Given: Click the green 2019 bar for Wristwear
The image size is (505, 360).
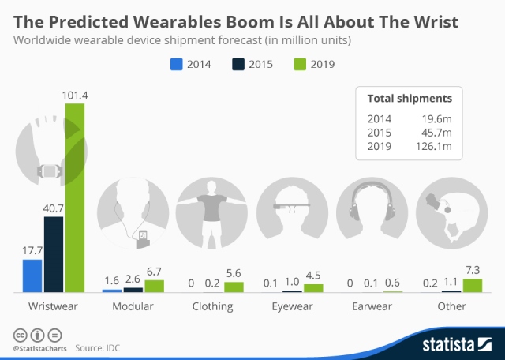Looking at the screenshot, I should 74,197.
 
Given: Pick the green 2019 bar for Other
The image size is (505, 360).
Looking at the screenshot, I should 472,285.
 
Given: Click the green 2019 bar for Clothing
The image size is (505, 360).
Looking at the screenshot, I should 234,287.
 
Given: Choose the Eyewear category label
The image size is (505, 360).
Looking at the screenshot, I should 291,306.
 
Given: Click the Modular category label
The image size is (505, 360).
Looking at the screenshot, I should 133,306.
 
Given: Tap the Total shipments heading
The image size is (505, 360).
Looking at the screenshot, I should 410,99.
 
